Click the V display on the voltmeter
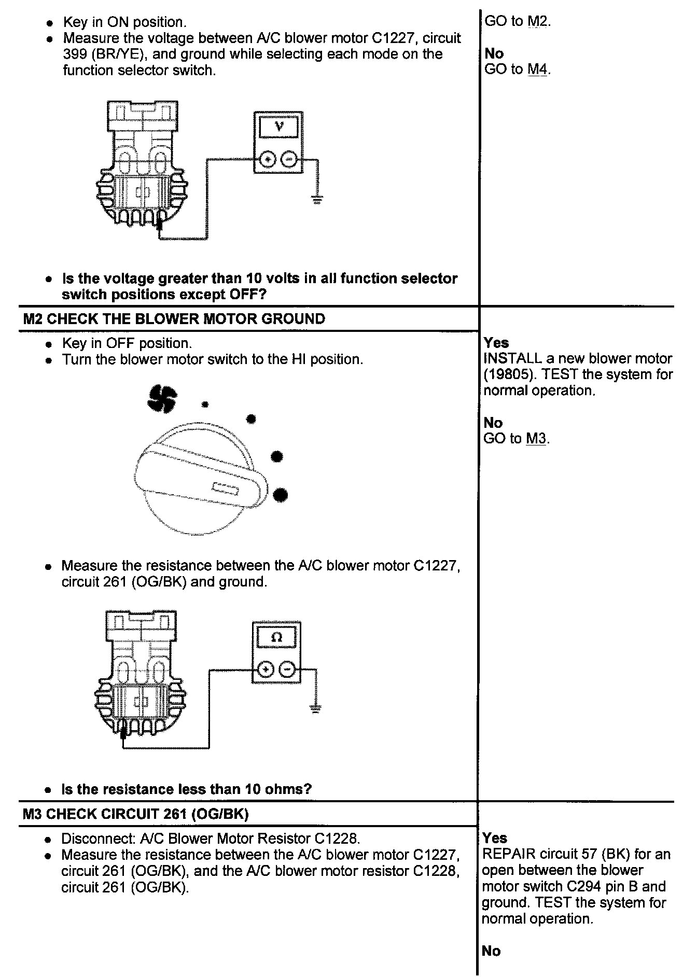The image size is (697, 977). click(x=279, y=126)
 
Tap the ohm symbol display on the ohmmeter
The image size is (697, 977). click(x=276, y=637)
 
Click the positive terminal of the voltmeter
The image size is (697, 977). click(x=268, y=159)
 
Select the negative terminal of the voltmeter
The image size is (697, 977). click(x=289, y=159)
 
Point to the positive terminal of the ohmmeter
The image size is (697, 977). click(x=266, y=669)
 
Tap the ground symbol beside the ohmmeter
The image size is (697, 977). click(x=315, y=709)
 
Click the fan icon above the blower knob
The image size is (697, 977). click(x=161, y=399)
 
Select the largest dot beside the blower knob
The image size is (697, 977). click(x=280, y=495)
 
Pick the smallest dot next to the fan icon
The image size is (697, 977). click(x=205, y=404)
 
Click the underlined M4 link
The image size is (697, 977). click(x=537, y=69)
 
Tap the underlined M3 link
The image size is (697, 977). click(x=536, y=439)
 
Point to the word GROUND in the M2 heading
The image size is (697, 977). click(x=293, y=319)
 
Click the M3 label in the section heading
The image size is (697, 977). click(x=33, y=814)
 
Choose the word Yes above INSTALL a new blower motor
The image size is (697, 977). click(x=496, y=342)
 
